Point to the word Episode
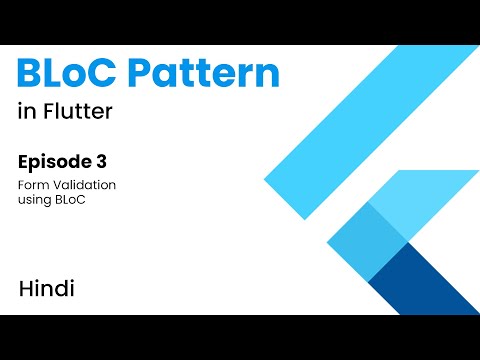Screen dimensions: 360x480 [54, 161]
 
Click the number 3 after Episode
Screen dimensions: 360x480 [101, 161]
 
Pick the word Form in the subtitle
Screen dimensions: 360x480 [30, 185]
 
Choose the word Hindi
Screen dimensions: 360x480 [46, 289]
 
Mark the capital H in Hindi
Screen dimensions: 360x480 [25, 289]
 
